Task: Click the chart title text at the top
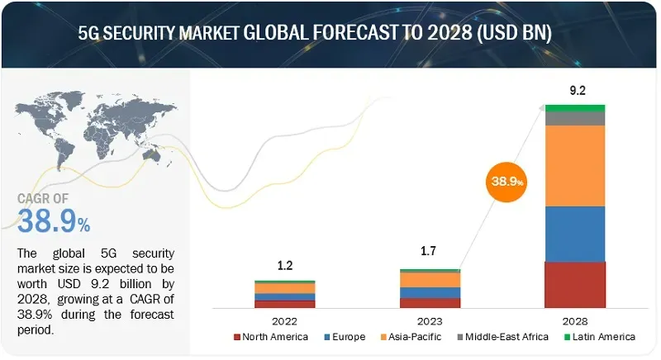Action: coord(330,35)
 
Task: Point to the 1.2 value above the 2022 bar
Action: coord(285,267)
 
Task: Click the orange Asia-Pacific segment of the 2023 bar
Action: coord(430,280)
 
